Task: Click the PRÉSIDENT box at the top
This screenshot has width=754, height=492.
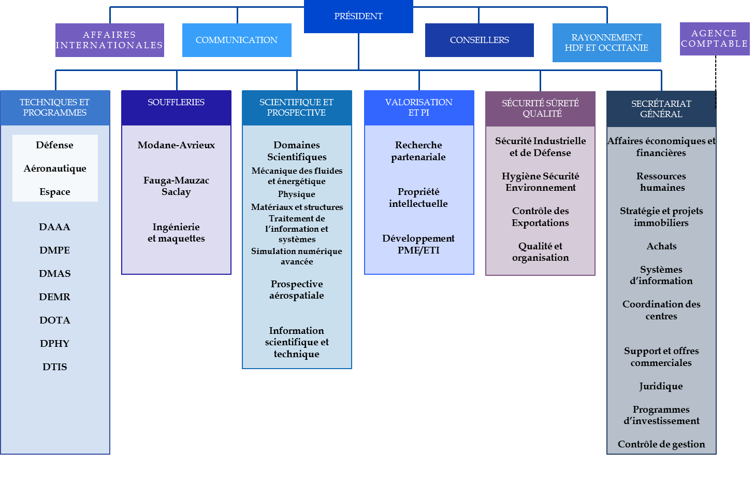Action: [358, 17]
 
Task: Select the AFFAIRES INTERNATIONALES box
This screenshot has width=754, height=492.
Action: [109, 40]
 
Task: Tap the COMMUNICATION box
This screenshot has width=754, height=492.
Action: [237, 40]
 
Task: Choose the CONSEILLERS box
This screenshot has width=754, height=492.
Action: [479, 40]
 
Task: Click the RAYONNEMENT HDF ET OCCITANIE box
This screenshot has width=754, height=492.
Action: [606, 43]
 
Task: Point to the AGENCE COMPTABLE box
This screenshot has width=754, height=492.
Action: [714, 38]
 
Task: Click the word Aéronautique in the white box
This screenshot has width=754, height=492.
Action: [55, 168]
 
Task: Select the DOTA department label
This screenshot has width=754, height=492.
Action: [55, 320]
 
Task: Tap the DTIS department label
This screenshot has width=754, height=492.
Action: [55, 367]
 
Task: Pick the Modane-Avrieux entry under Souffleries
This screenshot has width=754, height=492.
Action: [176, 145]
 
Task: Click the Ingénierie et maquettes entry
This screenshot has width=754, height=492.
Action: [176, 233]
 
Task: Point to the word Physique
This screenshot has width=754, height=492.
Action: [297, 194]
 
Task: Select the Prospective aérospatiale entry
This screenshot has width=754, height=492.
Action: [297, 290]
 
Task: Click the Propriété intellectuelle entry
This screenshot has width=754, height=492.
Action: [418, 198]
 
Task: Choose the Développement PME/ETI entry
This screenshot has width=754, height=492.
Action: [418, 244]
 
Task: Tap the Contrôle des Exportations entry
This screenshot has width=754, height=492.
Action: [540, 217]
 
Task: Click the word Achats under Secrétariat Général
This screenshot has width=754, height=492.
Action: [661, 246]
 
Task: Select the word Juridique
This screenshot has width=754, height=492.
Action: [661, 386]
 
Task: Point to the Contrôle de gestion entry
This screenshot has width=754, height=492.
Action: [661, 444]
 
